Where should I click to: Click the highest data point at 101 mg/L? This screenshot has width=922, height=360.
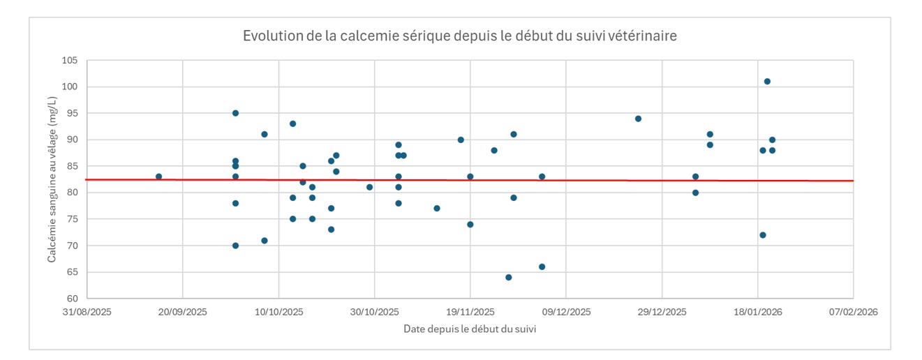pos(767,82)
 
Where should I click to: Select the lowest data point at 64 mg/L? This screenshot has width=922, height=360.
pos(509,277)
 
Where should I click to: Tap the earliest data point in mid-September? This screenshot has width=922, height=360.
pos(159,177)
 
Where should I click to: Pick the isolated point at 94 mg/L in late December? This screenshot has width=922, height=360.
pos(638,119)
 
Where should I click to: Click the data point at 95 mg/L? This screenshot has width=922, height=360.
pos(235,113)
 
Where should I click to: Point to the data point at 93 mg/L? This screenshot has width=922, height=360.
pos(292,123)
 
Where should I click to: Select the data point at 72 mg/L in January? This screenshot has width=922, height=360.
pos(762,235)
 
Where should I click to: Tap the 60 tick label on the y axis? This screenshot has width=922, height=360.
pos(72,299)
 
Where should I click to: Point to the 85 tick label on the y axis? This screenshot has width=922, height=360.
pos(72,166)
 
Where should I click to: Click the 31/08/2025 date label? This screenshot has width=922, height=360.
pos(87,312)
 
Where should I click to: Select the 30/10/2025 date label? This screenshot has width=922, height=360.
pos(374,312)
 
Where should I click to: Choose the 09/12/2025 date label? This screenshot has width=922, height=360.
pos(566,312)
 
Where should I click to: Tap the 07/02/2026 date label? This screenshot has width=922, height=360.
pos(853,312)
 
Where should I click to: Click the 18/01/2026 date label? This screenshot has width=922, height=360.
pos(757,312)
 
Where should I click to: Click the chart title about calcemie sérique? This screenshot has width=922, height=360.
pos(459,36)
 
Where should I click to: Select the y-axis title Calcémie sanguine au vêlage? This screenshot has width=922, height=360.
pos(52,180)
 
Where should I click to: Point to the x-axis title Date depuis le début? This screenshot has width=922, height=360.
pos(469,329)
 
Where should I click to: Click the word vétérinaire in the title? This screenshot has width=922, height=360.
pos(643,36)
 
